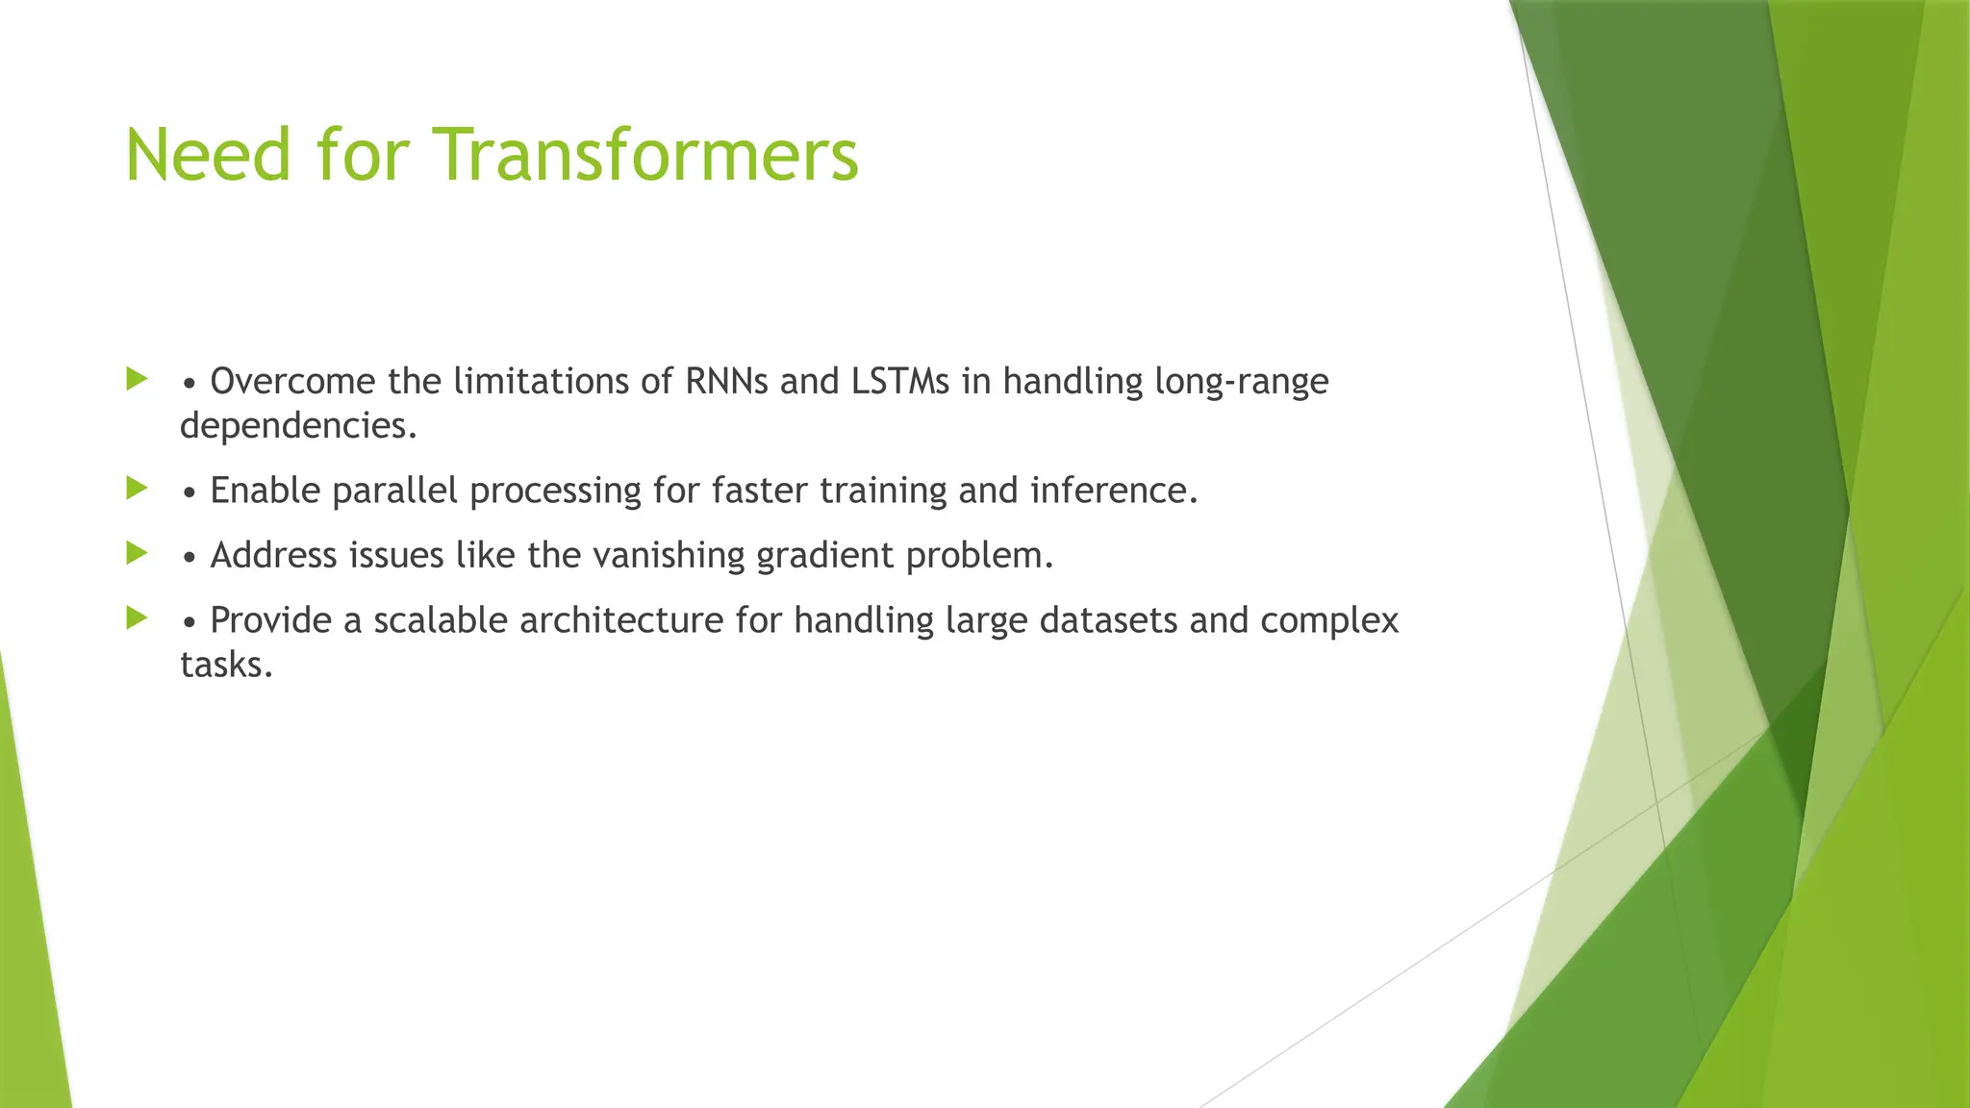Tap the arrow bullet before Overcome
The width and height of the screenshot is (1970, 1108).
coord(137,379)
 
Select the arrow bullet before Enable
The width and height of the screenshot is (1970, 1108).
coord(137,489)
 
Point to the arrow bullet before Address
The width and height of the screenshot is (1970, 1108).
coord(137,553)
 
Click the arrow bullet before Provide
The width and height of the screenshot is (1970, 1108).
coord(137,617)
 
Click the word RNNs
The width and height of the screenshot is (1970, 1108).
coord(726,382)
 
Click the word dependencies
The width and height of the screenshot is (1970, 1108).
coord(298,426)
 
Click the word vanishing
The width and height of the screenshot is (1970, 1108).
coord(669,557)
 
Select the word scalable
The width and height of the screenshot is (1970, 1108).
coord(441,620)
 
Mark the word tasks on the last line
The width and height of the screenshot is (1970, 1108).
coord(226,664)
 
